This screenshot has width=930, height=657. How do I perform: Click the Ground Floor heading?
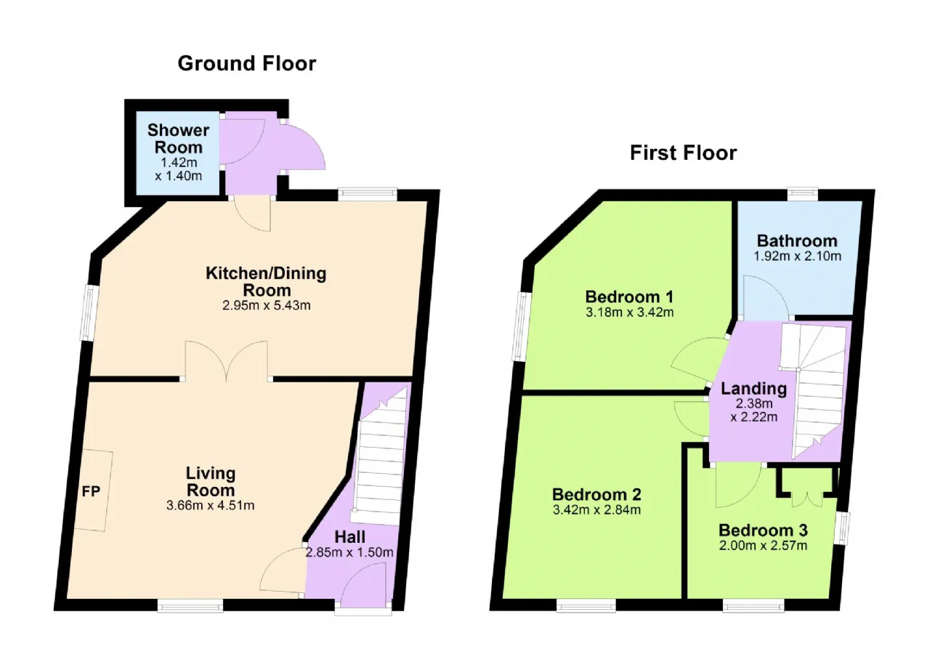point(246,64)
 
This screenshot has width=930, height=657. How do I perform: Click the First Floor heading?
point(683,153)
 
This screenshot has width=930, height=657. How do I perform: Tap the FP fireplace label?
point(91,490)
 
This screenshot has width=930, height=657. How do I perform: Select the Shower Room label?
point(178,139)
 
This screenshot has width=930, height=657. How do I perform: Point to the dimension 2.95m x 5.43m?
point(266,305)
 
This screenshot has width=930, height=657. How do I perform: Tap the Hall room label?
point(349,537)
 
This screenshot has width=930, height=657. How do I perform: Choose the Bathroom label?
point(797,241)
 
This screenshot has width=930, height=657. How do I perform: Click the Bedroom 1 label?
point(629,297)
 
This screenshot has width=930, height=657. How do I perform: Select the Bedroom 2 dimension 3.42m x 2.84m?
point(597,509)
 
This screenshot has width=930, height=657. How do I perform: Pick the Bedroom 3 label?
point(763,530)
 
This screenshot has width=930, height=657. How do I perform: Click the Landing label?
point(753,389)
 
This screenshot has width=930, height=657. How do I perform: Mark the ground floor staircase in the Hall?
point(379,458)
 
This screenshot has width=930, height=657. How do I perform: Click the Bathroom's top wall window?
point(803,193)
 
